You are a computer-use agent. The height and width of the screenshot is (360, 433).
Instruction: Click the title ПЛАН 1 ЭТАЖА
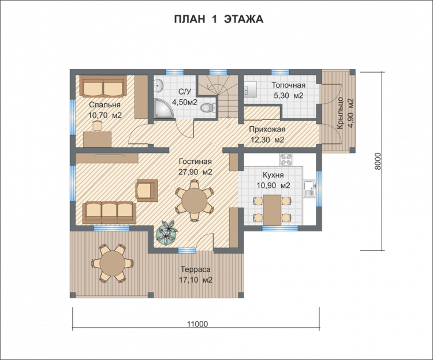click(219, 19)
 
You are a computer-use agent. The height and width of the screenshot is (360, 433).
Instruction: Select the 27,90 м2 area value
click(195, 172)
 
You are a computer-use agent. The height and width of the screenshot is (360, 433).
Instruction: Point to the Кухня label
click(273, 175)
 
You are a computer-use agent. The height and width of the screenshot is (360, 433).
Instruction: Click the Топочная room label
click(289, 85)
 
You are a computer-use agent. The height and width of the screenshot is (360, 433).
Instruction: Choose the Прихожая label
click(267, 129)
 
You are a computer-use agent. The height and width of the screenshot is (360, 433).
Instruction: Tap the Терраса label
click(196, 269)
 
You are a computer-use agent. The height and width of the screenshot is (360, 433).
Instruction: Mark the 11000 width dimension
click(197, 324)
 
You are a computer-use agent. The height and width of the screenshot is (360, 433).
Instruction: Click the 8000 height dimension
click(378, 162)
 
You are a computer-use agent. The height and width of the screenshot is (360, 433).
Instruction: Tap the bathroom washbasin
click(159, 85)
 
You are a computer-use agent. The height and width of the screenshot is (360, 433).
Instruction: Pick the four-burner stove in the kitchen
click(286, 159)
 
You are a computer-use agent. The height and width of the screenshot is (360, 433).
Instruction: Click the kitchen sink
click(310, 189)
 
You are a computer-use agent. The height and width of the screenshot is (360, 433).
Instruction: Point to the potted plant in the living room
click(166, 234)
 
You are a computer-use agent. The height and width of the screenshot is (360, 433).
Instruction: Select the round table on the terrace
click(113, 263)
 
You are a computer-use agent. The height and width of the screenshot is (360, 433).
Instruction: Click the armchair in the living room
click(147, 190)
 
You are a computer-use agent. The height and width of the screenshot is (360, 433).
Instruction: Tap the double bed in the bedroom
click(103, 86)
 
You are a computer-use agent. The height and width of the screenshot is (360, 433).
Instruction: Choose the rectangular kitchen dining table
click(273, 209)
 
